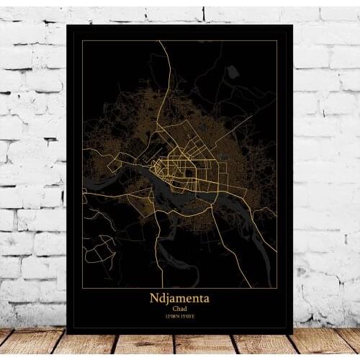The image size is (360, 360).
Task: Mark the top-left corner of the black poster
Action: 67,26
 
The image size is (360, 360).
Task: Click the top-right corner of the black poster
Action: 292,26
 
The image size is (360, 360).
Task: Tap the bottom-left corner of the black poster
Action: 67,333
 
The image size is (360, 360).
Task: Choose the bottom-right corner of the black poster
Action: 292,333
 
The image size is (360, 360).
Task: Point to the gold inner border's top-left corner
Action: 82,41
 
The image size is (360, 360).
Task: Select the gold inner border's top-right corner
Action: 277,41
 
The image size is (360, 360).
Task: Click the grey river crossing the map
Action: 180,189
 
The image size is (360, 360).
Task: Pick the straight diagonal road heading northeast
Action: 245,122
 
